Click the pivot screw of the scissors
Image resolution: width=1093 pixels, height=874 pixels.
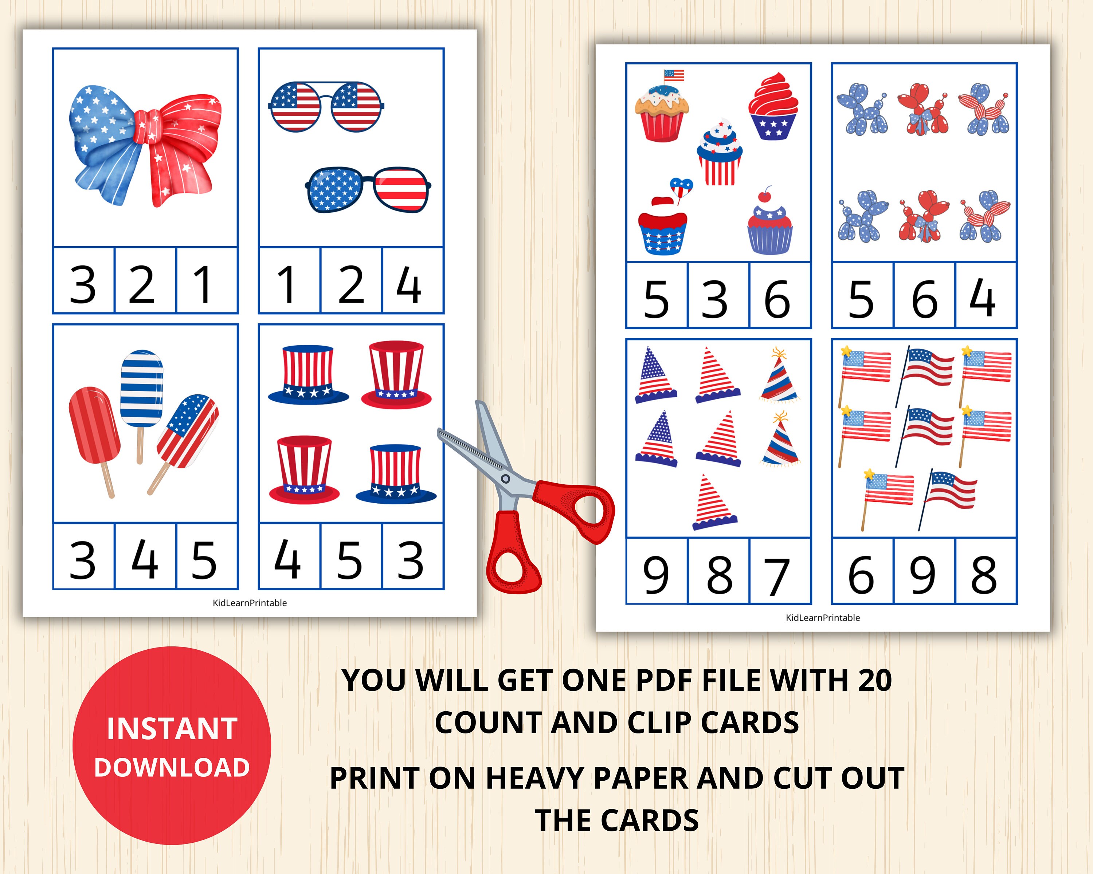click(x=505, y=479)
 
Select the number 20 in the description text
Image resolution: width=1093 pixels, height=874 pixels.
click(x=874, y=681)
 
